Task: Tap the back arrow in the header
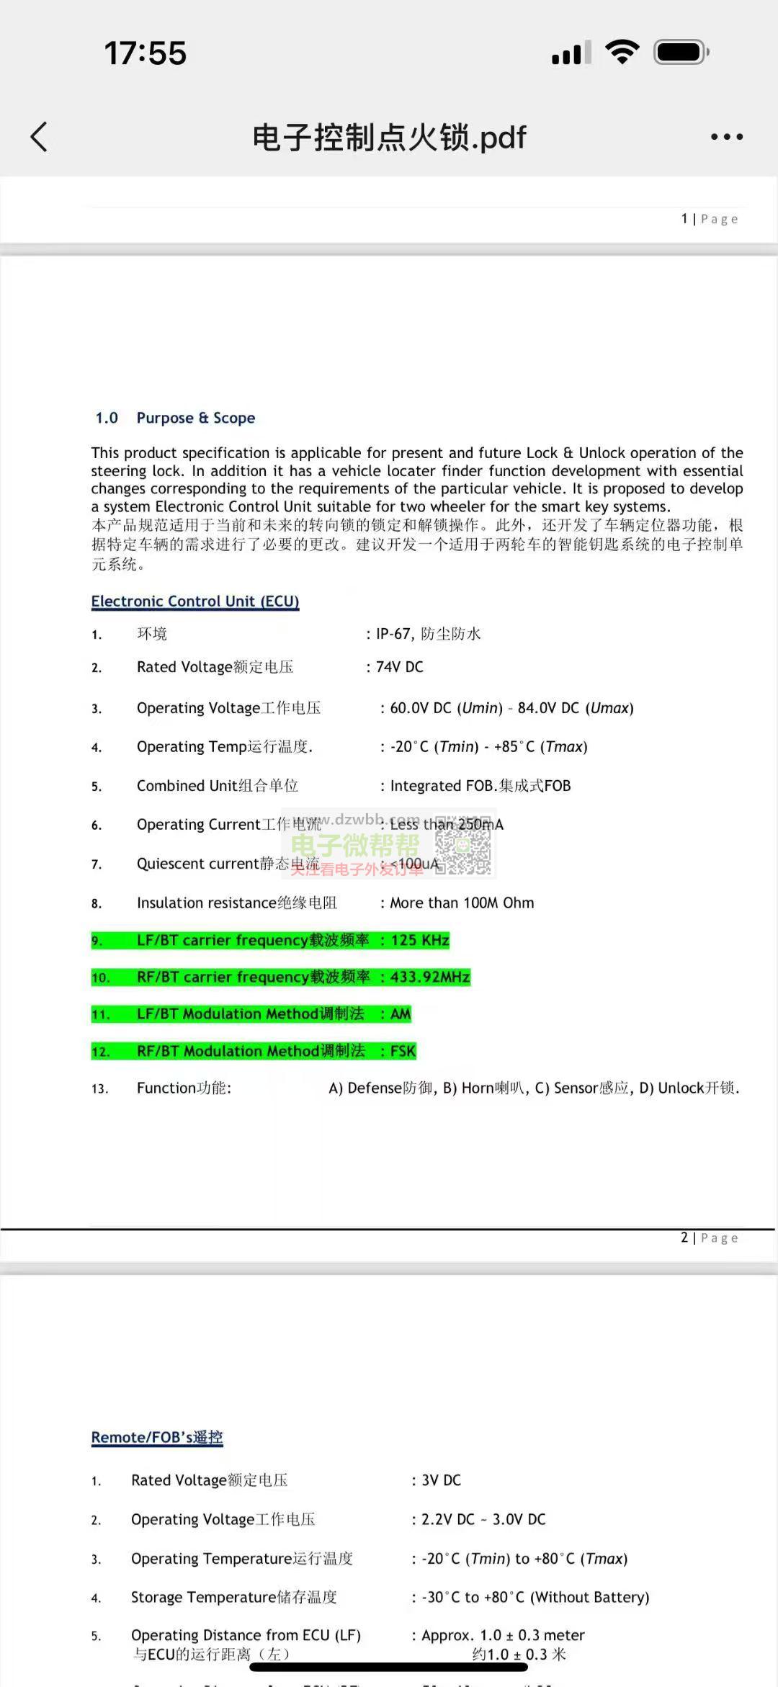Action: point(39,137)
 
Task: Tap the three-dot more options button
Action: point(726,137)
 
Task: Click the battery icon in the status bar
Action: point(681,53)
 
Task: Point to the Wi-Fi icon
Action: point(622,52)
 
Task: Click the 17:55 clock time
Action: point(146,53)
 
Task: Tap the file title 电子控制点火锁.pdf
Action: point(389,137)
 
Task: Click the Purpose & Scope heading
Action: point(195,418)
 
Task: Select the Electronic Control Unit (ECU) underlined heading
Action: point(194,601)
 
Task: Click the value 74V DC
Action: point(399,667)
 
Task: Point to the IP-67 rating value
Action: point(393,634)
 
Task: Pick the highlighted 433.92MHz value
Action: point(429,977)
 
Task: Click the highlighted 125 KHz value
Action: point(419,940)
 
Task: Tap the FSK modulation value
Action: point(403,1051)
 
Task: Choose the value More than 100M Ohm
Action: point(461,903)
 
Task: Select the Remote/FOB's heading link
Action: point(156,1437)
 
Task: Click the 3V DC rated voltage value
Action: point(441,1480)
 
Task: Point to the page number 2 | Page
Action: point(710,1238)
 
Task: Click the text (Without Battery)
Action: point(589,1597)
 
